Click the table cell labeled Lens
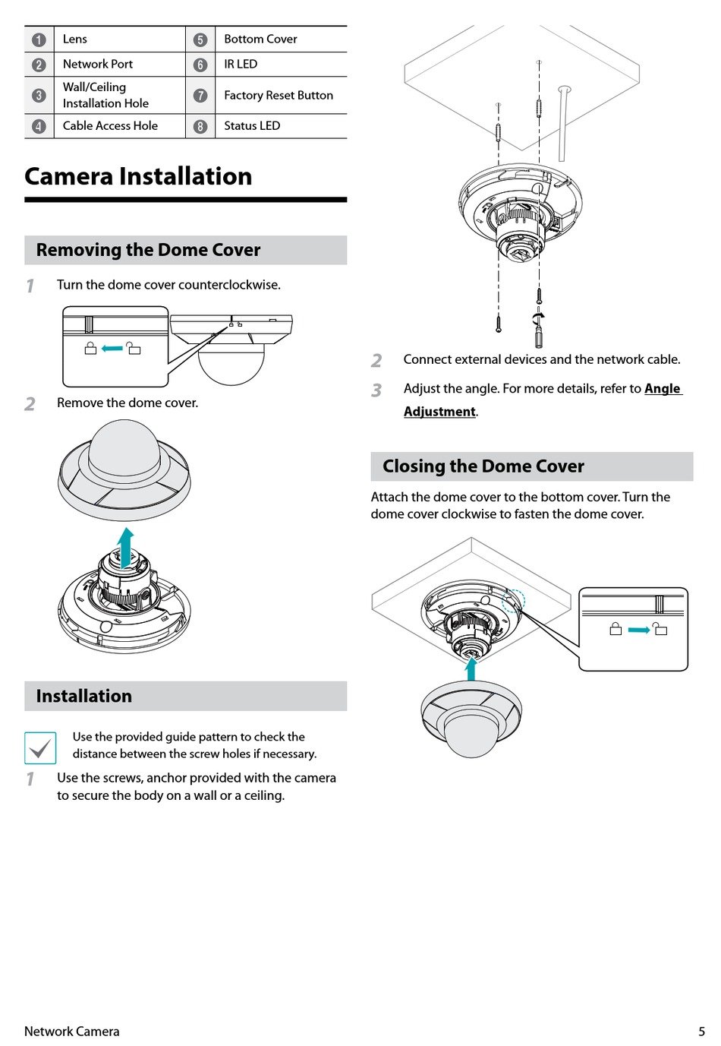pyautogui.click(x=75, y=39)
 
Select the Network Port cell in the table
pyautogui.click(x=97, y=64)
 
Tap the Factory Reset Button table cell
pyautogui.click(x=278, y=95)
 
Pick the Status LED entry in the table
pyautogui.click(x=251, y=125)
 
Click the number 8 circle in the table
pyautogui.click(x=200, y=126)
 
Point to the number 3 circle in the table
pyautogui.click(x=39, y=96)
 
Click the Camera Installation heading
pyautogui.click(x=138, y=176)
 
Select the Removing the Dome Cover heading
pyautogui.click(x=148, y=250)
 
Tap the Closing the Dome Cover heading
pyautogui.click(x=483, y=466)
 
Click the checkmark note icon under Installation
pyautogui.click(x=40, y=747)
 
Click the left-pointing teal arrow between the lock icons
pyautogui.click(x=112, y=349)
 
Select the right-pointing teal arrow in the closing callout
pyautogui.click(x=638, y=630)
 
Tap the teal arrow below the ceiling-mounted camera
pyautogui.click(x=471, y=668)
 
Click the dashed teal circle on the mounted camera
pyautogui.click(x=513, y=600)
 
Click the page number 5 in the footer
pyautogui.click(x=701, y=1031)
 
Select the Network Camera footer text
pyautogui.click(x=71, y=1031)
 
